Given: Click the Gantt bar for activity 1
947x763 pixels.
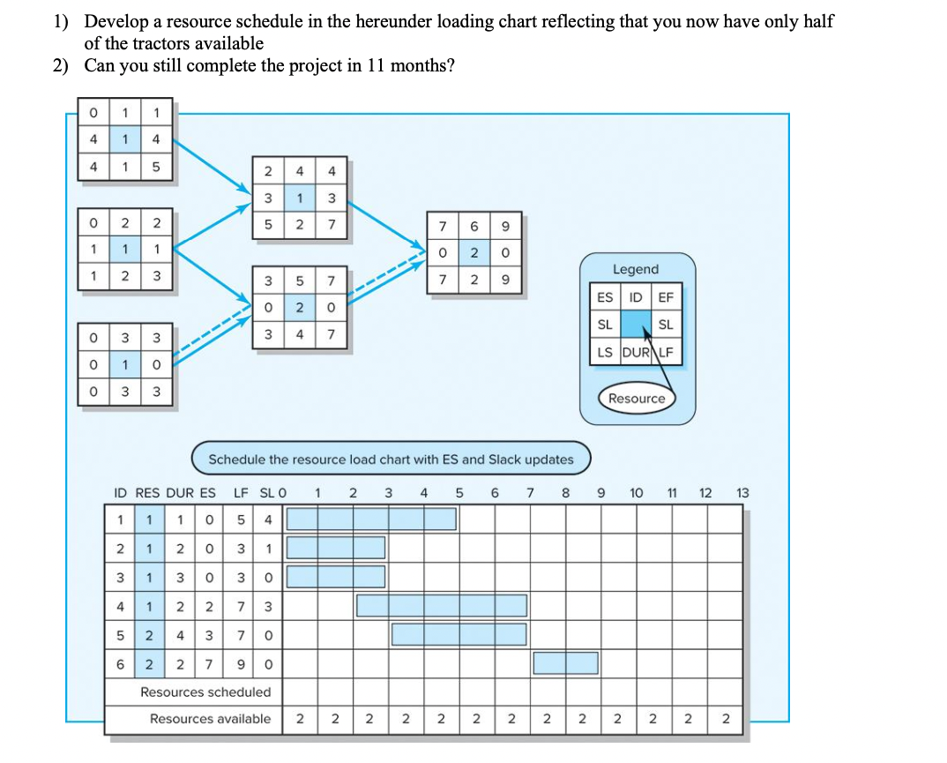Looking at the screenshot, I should (x=371, y=519).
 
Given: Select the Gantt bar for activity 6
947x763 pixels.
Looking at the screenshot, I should (x=565, y=662).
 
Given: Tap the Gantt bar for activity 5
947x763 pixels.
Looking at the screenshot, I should (x=459, y=634).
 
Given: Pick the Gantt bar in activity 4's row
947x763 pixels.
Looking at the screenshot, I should (x=441, y=605).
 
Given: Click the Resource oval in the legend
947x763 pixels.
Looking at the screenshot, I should (x=637, y=399).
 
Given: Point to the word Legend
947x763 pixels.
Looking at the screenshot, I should (x=635, y=269).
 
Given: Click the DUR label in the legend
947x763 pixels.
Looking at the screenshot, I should (x=636, y=354).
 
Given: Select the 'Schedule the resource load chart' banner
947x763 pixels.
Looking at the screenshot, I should (x=391, y=460).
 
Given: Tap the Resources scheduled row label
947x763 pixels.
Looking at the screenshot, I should (x=205, y=692).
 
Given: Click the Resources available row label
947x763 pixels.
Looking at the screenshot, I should (x=210, y=719).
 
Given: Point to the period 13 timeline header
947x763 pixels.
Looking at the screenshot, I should (x=742, y=493).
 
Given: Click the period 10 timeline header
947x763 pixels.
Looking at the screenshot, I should (x=636, y=493).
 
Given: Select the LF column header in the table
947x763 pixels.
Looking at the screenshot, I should (x=240, y=493).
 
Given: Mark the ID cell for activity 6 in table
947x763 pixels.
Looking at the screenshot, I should (x=120, y=662).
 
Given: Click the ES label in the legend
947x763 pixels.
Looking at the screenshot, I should (x=605, y=297).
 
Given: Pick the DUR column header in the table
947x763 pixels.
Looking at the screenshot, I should (x=182, y=493).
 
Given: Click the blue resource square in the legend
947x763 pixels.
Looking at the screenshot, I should (x=636, y=325).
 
